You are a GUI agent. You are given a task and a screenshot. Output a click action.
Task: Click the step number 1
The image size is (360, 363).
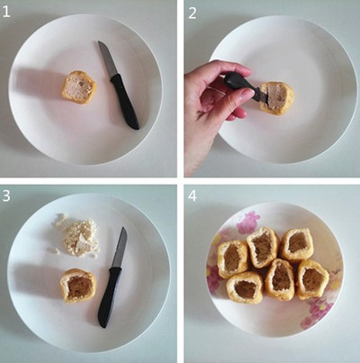6,13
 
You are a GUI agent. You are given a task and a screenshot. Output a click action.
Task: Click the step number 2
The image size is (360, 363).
193,14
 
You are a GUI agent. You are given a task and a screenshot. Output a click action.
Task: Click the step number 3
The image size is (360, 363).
6,195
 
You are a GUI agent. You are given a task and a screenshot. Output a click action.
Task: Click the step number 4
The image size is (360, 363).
193,196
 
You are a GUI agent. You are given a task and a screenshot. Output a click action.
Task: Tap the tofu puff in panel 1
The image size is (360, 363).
79,87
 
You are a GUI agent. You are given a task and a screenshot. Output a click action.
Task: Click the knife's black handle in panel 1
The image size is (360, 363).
125,101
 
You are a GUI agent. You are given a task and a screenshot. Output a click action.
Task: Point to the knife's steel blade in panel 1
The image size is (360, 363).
108,59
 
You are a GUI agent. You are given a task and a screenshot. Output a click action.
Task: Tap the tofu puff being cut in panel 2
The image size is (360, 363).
276,98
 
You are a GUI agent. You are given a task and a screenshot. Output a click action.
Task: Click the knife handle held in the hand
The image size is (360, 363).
240,84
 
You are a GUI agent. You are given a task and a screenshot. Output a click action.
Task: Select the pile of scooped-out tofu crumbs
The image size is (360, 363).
76,236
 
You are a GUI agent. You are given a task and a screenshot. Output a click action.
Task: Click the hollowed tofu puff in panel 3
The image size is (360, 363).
78,286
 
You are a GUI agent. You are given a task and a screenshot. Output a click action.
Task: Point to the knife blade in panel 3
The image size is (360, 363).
120,248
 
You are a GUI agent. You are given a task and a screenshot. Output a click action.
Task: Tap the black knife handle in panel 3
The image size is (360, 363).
109,296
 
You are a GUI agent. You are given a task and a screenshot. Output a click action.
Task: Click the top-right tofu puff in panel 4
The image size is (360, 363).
297,244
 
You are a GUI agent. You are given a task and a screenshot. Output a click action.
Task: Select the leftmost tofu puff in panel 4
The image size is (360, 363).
233,259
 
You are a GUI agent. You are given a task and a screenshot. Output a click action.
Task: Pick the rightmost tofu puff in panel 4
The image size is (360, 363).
312,279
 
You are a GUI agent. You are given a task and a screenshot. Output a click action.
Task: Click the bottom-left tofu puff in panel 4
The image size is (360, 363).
245,288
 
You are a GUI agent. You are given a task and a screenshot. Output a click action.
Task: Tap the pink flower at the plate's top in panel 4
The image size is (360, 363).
247,222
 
